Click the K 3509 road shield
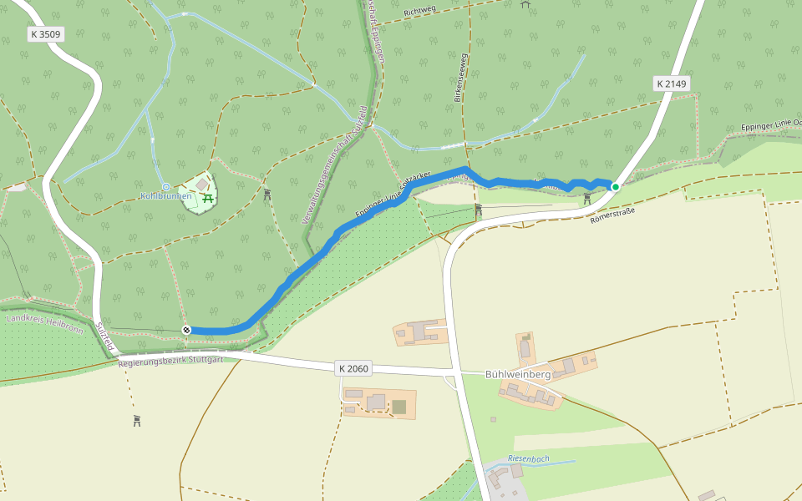45,34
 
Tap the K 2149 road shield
671,83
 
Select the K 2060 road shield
353,368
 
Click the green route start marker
616,186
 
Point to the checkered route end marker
187,330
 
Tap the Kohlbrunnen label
166,197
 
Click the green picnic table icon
207,196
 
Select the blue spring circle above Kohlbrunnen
165,186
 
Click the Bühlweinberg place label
518,374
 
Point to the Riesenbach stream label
528,458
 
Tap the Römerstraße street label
612,215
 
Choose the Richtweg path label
420,12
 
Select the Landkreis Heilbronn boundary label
44,323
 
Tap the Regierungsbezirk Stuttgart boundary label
171,360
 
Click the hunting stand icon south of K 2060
137,420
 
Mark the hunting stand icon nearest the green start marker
587,198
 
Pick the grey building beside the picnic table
203,184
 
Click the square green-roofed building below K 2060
399,407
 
